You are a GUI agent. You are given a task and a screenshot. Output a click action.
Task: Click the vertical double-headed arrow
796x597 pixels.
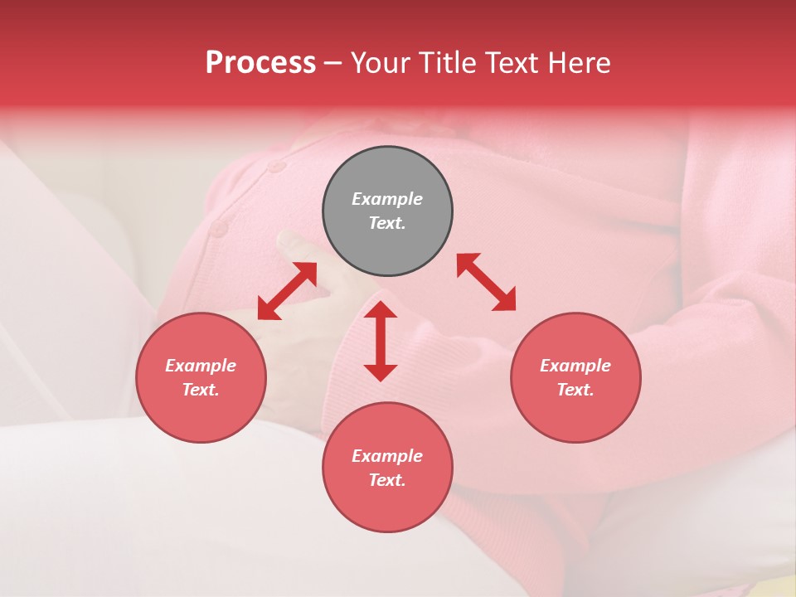point(381,341)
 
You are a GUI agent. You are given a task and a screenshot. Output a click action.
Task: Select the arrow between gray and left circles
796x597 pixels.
point(288,291)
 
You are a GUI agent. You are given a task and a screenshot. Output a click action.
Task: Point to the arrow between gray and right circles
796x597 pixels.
point(486,282)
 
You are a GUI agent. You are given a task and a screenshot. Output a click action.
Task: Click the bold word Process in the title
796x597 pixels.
point(260,62)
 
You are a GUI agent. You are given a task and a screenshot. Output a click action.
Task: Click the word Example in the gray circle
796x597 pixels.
point(387,199)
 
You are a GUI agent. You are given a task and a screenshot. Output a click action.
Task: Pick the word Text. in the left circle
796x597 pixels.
point(201,390)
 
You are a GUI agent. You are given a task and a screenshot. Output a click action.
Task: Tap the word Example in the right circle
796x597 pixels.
point(575,366)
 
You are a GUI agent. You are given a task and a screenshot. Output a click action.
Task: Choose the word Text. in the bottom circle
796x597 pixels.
point(387,480)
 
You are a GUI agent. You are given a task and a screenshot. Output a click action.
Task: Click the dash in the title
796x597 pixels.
point(332,63)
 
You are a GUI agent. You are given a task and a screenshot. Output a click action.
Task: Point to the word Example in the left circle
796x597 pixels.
point(201,366)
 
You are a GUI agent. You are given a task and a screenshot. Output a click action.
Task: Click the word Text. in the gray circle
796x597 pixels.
point(387,223)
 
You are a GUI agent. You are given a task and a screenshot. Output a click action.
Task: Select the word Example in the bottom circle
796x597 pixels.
point(387,456)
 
